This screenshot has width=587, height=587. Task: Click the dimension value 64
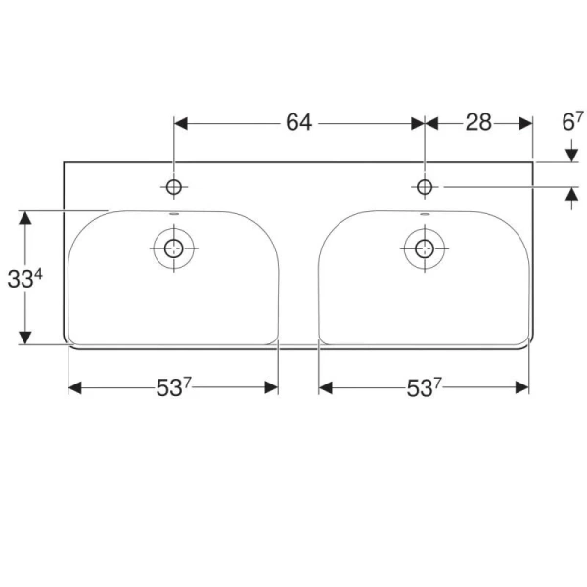[298, 122]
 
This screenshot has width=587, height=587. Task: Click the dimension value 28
[478, 122]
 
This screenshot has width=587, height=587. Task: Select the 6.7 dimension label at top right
[572, 122]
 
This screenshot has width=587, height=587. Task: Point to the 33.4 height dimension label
[25, 279]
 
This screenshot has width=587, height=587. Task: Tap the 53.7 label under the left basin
[172, 388]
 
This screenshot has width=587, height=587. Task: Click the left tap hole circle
[174, 186]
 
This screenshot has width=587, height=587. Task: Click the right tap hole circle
[425, 186]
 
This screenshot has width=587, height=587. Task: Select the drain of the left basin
[174, 247]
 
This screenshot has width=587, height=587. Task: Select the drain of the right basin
[425, 247]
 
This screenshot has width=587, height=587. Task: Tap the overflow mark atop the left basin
[173, 213]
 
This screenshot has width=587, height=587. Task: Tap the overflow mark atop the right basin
[425, 213]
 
